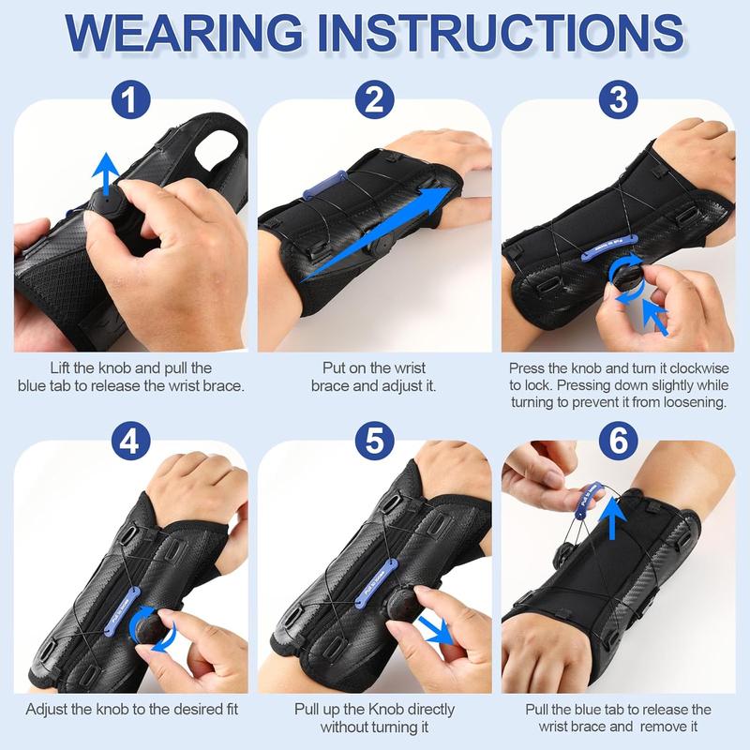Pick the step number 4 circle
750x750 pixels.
(131, 439)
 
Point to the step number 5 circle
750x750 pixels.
(375, 439)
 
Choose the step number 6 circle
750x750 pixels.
(619, 439)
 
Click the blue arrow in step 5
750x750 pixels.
(436, 629)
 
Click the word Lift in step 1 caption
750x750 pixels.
(63, 368)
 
